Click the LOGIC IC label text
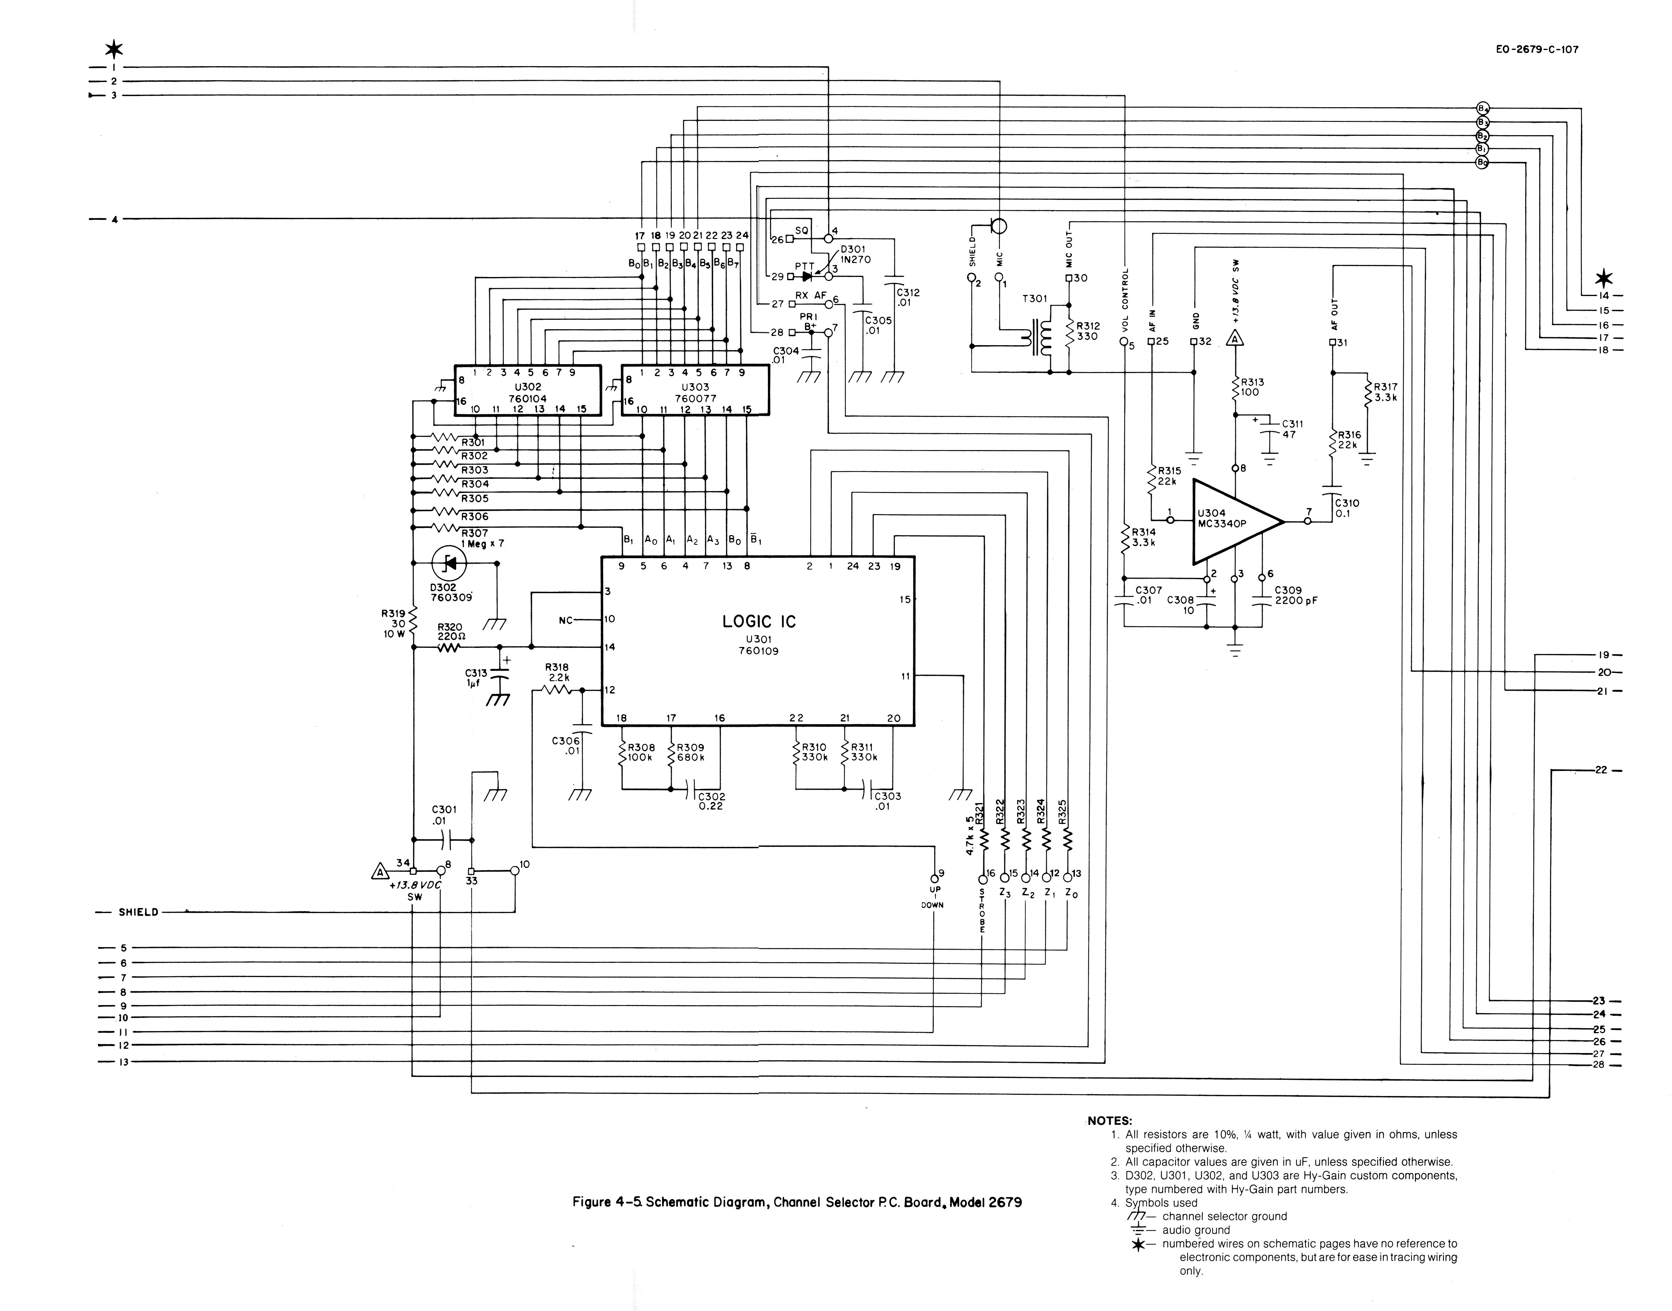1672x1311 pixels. (x=758, y=622)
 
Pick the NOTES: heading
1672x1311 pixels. (x=1109, y=1121)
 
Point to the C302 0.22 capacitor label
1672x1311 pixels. (x=711, y=801)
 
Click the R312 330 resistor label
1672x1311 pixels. (x=1088, y=331)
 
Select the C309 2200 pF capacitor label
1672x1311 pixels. (x=1295, y=596)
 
